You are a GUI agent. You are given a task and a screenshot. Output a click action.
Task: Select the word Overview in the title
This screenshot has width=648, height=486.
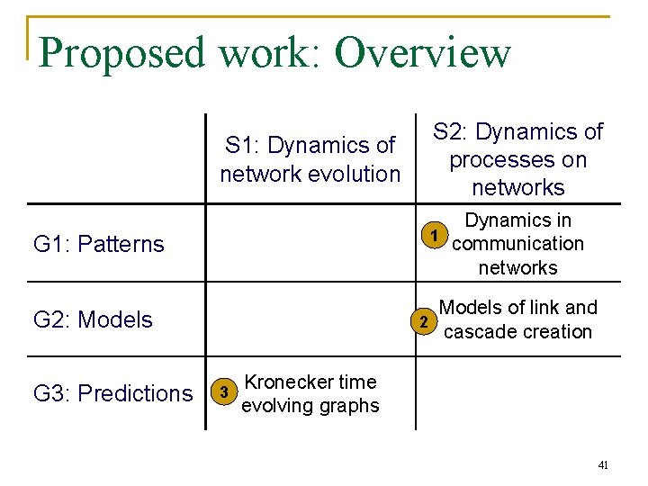pyautogui.click(x=422, y=53)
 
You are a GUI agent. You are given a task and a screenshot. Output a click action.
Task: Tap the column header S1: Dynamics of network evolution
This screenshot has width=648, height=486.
pyautogui.click(x=310, y=159)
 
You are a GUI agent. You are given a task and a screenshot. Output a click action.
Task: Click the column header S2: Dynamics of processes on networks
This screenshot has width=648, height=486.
pyautogui.click(x=517, y=159)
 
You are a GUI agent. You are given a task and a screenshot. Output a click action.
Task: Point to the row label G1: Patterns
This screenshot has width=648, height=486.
pyautogui.click(x=99, y=244)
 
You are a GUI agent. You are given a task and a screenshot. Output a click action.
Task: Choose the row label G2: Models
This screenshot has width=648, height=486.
pyautogui.click(x=93, y=319)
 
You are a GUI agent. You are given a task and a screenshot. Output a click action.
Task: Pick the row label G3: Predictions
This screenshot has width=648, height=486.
pyautogui.click(x=112, y=393)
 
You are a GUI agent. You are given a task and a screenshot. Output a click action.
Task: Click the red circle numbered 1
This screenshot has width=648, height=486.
pyautogui.click(x=435, y=237)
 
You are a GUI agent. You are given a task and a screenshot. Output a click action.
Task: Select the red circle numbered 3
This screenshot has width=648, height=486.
pyautogui.click(x=224, y=392)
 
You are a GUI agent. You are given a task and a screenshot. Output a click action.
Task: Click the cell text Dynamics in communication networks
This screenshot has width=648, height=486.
pyautogui.click(x=517, y=244)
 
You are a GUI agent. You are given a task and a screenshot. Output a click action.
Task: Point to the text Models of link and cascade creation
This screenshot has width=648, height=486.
pyautogui.click(x=517, y=319)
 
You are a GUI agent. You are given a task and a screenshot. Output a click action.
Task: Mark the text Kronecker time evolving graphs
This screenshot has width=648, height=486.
pyautogui.click(x=310, y=393)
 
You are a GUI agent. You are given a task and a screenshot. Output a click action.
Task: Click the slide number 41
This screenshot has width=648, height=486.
pyautogui.click(x=603, y=465)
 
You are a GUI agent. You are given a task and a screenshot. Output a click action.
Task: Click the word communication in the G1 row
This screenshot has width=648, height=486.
pyautogui.click(x=518, y=244)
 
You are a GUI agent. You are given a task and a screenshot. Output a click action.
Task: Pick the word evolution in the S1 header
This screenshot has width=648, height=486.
pyautogui.click(x=353, y=173)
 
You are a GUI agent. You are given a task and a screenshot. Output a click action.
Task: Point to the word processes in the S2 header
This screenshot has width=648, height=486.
pyautogui.click(x=517, y=160)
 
